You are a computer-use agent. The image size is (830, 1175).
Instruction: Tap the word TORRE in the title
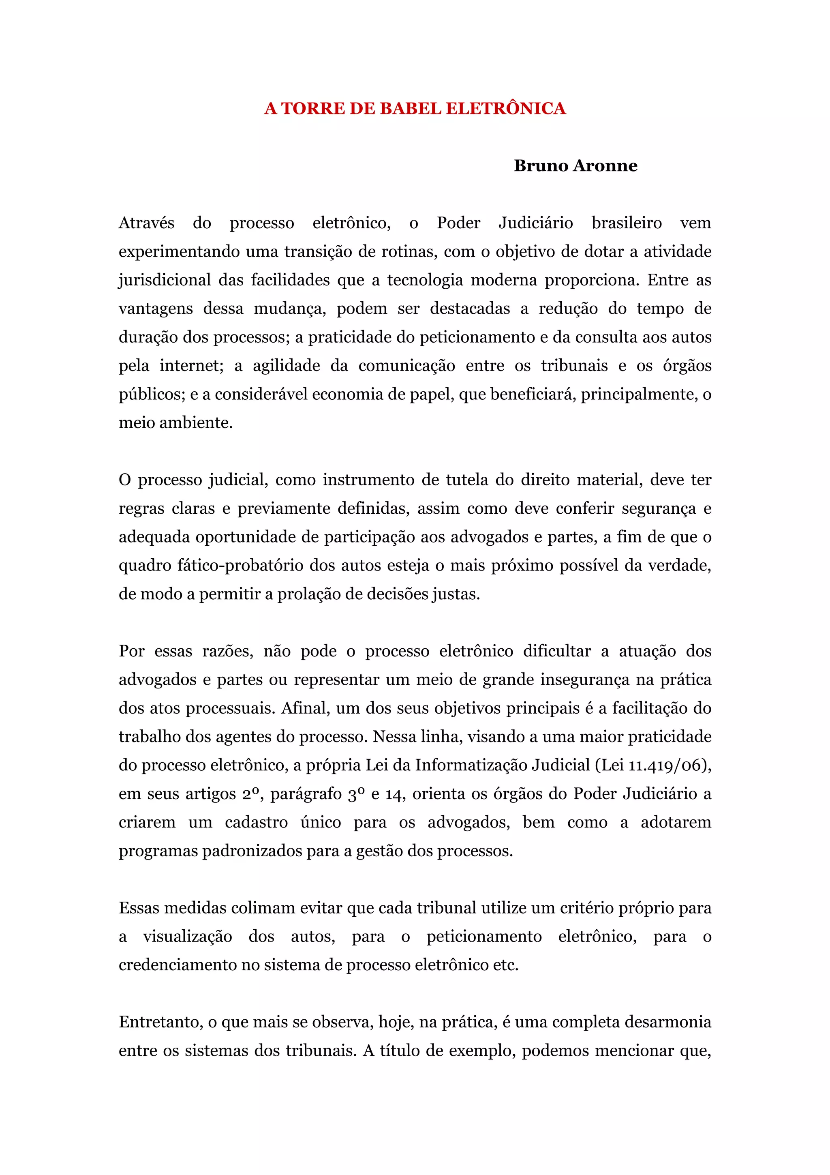point(313,109)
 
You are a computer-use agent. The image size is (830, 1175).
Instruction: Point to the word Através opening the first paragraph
point(146,223)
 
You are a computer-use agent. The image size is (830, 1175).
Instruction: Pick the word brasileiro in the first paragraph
point(627,223)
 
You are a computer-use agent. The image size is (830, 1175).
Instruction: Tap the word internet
point(191,366)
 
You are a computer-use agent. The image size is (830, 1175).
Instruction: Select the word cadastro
point(256,822)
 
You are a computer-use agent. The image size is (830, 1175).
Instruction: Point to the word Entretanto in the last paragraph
point(162,1022)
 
